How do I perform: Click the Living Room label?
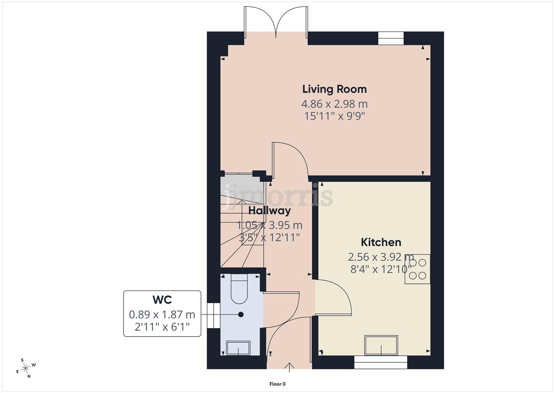coord(334,89)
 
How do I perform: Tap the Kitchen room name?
coord(381,242)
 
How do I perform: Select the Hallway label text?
coord(269,211)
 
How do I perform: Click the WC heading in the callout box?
coord(162,300)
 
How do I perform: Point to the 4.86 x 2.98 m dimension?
coord(334,104)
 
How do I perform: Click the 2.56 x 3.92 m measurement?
coord(381,257)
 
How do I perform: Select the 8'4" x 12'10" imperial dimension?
coord(381,269)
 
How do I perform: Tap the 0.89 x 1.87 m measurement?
coord(162,314)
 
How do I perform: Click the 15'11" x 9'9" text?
coord(334,116)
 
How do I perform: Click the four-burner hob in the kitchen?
coord(418,269)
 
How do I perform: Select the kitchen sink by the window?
coord(381,345)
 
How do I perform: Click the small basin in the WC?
coord(238,348)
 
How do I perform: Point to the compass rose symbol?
coord(26,368)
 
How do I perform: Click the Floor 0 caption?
coord(278,384)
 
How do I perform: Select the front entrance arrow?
coord(289,367)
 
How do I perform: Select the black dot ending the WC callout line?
coord(241,314)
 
